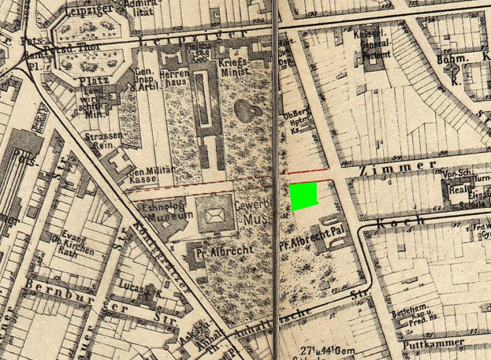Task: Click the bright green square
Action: pos(304,196)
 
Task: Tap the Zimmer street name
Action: pos(407,167)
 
